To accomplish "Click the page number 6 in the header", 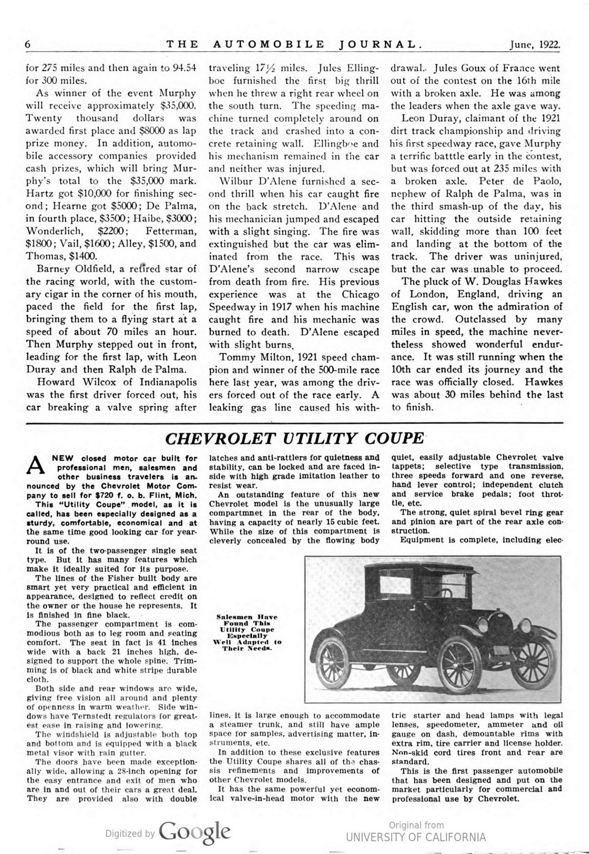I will (x=28, y=44).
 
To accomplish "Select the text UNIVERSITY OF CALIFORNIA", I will (x=416, y=838).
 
